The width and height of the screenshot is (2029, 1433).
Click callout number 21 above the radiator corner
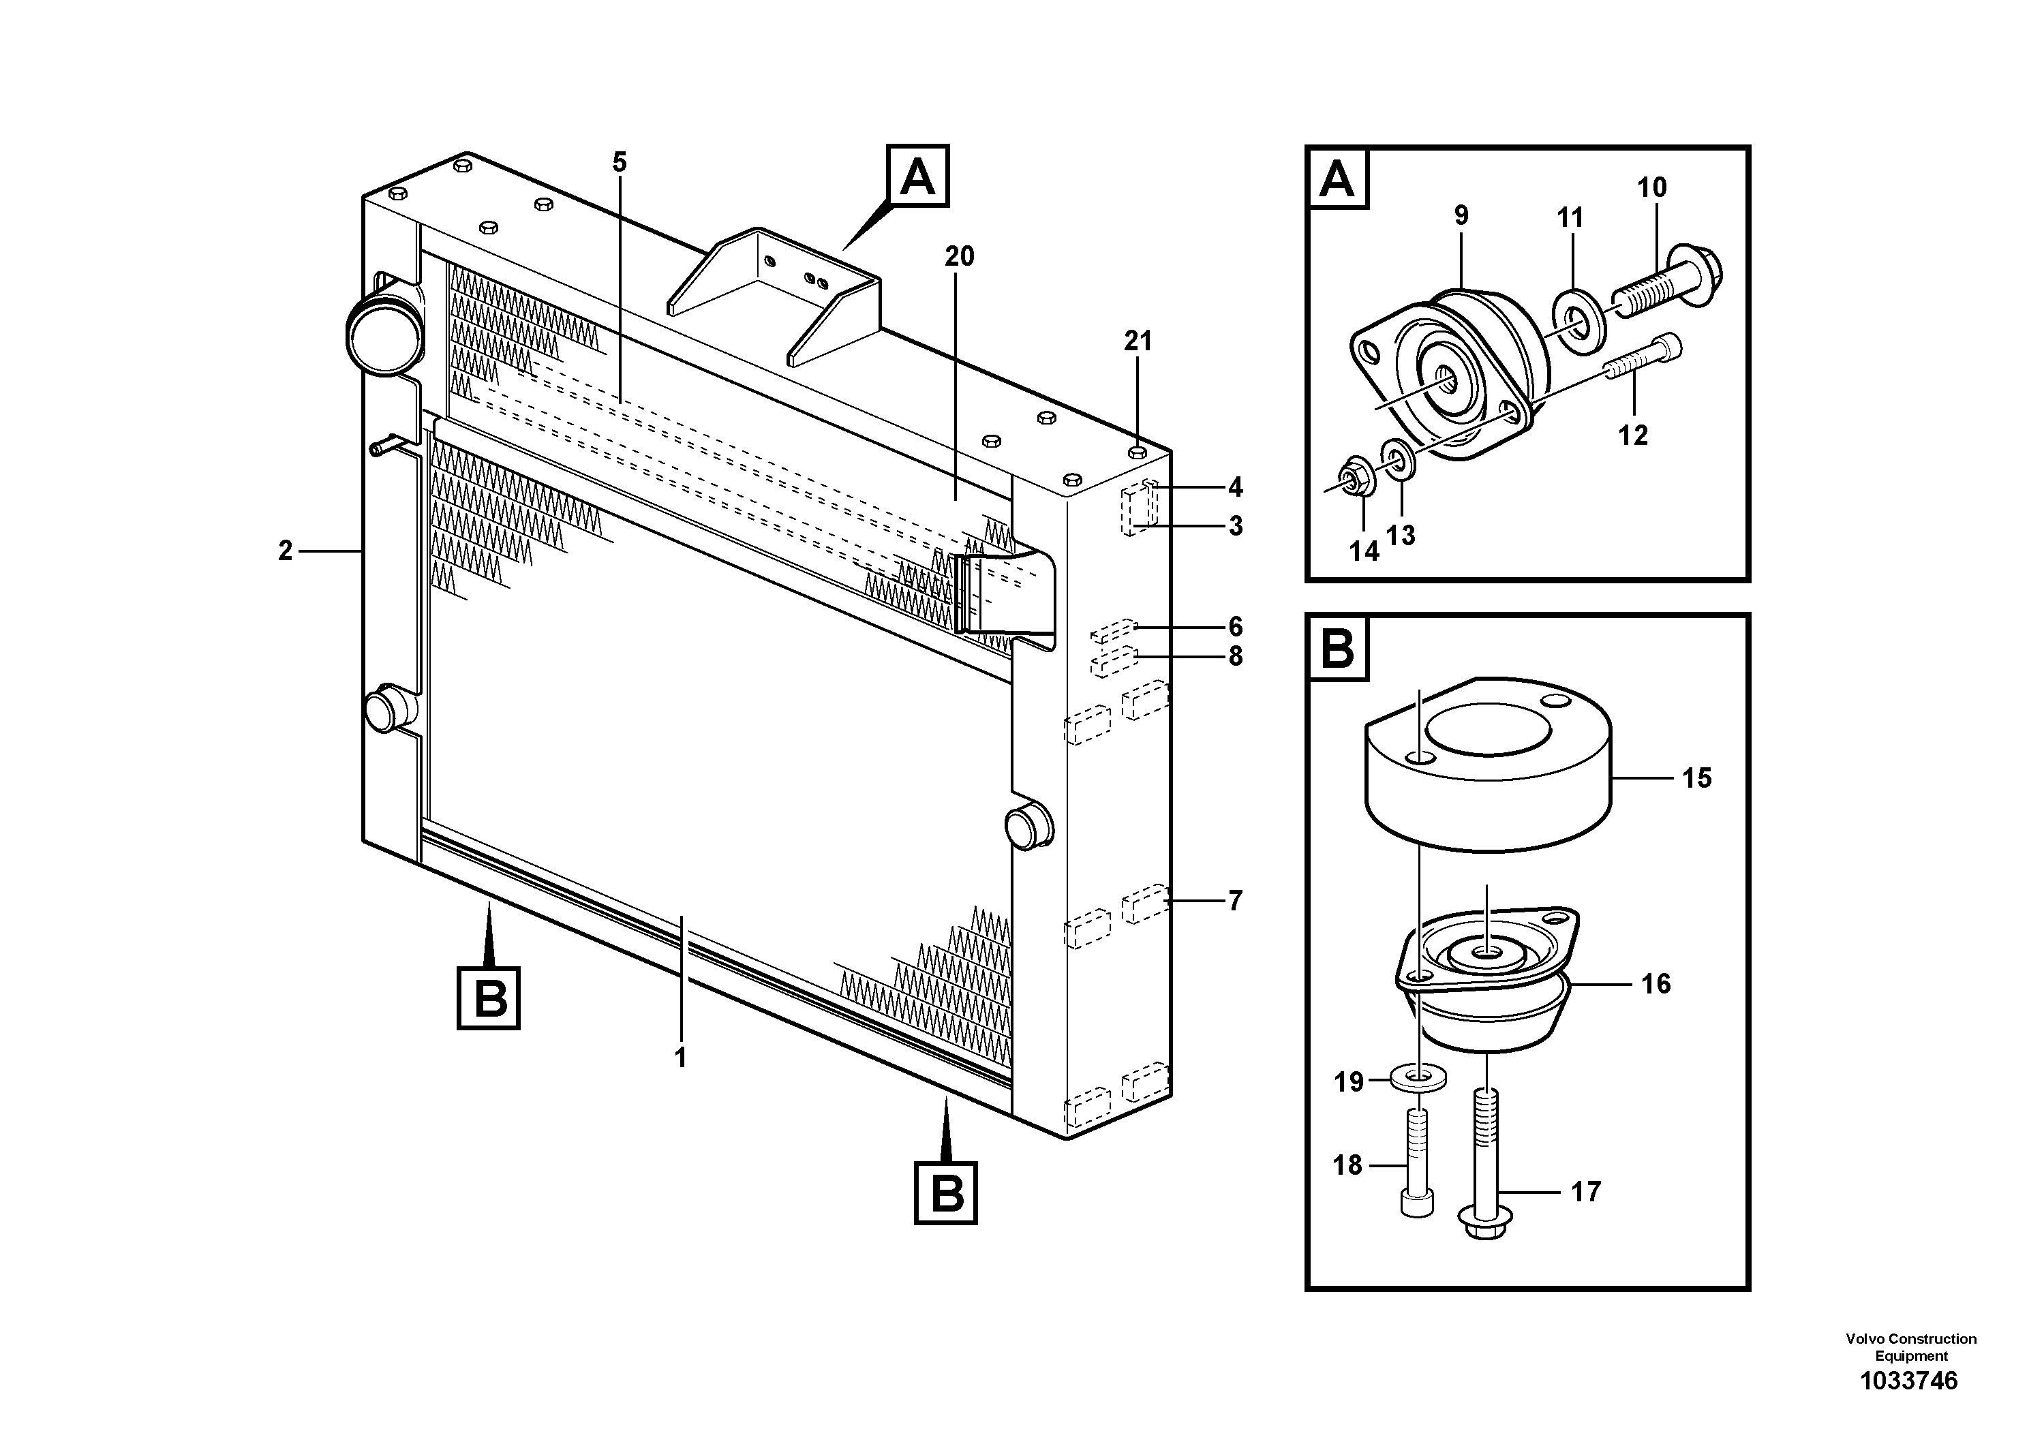[1138, 341]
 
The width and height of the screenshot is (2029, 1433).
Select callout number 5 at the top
[619, 163]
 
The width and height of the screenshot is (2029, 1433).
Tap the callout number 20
[959, 257]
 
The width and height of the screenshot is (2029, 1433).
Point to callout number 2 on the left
[285, 551]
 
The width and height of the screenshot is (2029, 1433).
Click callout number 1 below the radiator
[680, 1058]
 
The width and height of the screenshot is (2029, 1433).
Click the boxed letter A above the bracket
[918, 176]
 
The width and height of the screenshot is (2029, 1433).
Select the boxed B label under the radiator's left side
[489, 999]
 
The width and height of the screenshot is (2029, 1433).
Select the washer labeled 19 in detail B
[1418, 1078]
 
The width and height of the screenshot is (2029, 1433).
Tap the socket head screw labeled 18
[1418, 1175]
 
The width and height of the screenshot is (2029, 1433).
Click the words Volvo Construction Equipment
[1910, 1347]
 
